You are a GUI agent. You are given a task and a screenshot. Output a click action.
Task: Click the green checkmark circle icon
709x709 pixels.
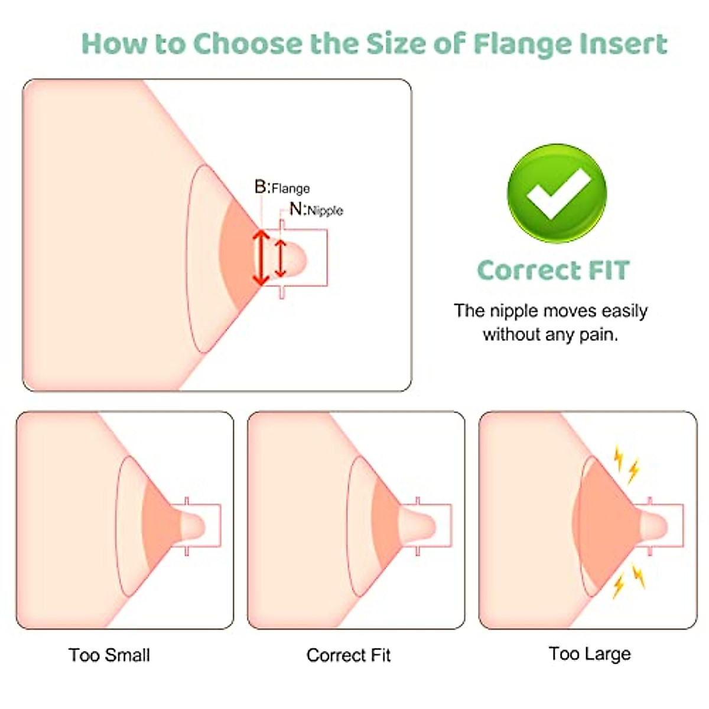point(557,193)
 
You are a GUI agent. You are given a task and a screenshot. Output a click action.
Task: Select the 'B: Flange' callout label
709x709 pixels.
point(282,188)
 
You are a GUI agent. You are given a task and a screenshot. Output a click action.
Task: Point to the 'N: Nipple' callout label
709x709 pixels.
point(316,210)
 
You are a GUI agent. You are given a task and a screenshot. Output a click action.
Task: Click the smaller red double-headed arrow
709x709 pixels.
point(281,259)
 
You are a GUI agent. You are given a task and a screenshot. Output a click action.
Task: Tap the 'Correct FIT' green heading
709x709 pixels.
point(553,270)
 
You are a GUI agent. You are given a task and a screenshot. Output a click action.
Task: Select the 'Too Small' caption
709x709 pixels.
point(109,655)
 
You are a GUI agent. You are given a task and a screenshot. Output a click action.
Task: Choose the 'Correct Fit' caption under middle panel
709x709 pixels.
point(349,655)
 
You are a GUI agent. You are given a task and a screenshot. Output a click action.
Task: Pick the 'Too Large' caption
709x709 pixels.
point(589,653)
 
